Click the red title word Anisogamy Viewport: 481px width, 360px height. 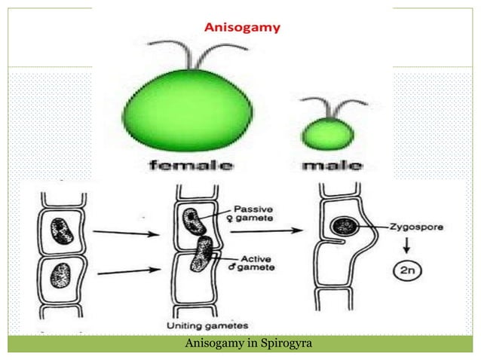(x=243, y=28)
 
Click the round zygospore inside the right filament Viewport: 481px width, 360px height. (x=346, y=225)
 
